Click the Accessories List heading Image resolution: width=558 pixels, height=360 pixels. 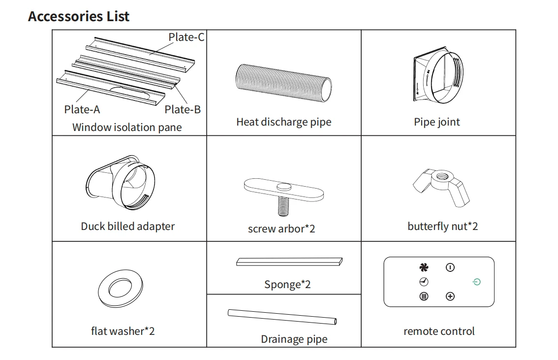point(79,16)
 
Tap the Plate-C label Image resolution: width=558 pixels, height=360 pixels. point(186,37)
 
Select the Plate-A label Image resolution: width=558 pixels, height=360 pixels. point(82,109)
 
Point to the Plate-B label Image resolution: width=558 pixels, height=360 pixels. point(183,109)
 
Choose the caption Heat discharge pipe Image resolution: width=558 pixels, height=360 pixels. point(283,122)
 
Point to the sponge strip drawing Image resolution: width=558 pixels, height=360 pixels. point(289,262)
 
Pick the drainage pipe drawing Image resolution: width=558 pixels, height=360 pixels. point(282,316)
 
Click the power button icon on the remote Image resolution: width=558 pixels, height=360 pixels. point(450,267)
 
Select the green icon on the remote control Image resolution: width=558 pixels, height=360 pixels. point(476,282)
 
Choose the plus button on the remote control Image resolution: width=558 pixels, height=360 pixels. point(450,296)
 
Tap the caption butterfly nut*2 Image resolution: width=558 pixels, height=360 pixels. point(442,226)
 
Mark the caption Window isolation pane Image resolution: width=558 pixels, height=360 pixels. point(127,127)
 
